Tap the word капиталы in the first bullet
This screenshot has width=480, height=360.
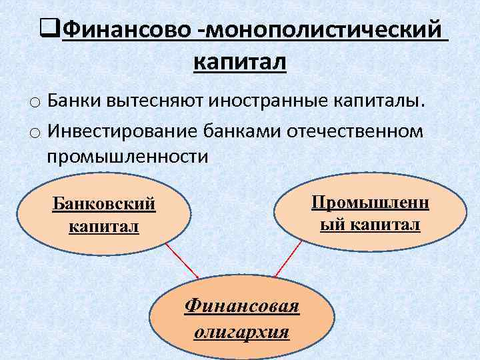(x=379, y=101)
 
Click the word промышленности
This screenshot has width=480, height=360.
(x=127, y=157)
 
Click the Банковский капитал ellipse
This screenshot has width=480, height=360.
(x=103, y=215)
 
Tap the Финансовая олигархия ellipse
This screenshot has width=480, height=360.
(x=241, y=317)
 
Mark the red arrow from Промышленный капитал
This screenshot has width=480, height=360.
(x=287, y=261)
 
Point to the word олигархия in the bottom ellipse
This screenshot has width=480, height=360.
(x=241, y=331)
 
